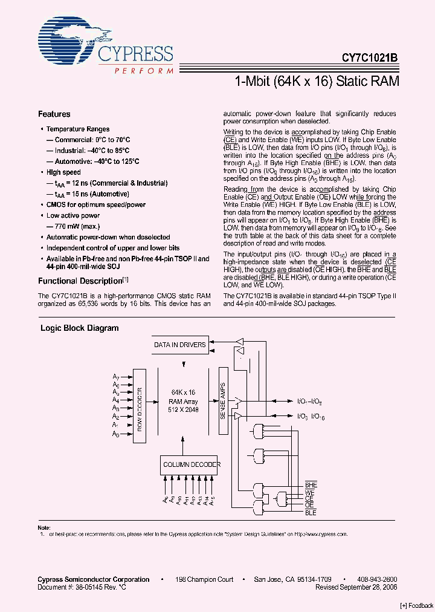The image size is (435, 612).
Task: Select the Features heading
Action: [54, 114]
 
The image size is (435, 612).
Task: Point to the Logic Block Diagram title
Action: [79, 328]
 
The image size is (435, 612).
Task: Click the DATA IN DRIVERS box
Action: [179, 345]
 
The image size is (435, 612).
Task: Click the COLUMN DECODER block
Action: [191, 464]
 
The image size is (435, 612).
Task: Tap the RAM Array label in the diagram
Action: [183, 401]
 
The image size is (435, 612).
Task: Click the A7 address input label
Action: [116, 376]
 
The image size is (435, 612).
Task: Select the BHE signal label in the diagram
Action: [311, 486]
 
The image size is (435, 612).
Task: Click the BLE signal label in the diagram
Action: [311, 513]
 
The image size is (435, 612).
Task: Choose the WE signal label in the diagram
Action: [310, 492]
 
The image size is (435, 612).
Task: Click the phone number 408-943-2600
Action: [376, 579]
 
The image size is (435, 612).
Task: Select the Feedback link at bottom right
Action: [417, 605]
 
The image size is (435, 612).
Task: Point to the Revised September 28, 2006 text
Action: [356, 587]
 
